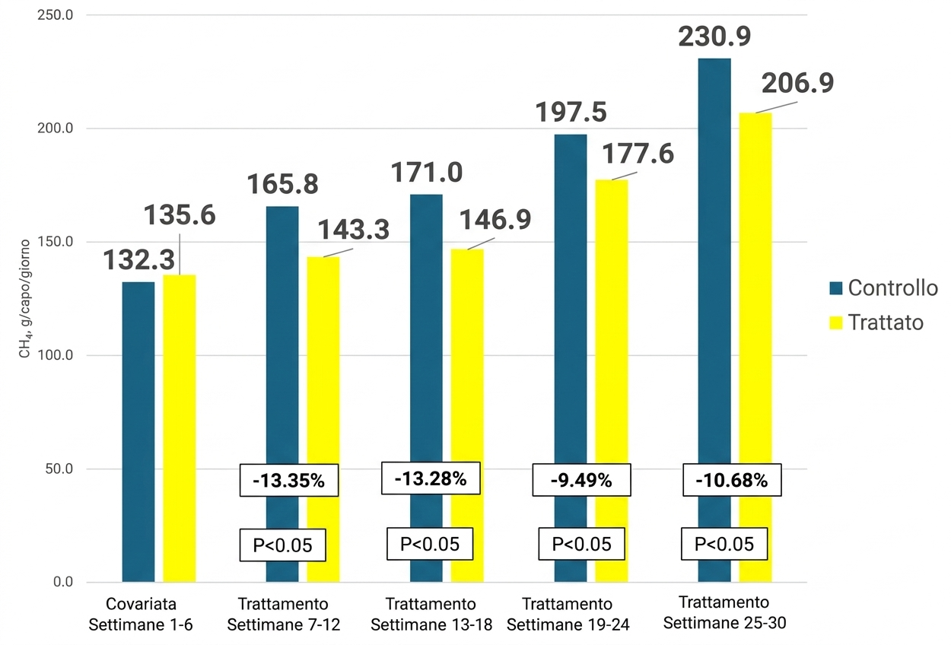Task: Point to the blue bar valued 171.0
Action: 426,319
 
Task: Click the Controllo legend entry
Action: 883,288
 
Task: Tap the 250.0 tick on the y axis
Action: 56,15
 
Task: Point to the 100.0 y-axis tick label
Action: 56,356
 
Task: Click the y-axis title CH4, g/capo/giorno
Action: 25,299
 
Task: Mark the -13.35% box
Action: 289,481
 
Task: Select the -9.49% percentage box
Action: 582,481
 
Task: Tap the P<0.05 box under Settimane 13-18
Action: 431,545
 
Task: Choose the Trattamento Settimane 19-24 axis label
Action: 568,615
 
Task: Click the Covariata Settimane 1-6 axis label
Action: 142,615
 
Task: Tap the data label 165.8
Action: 282,185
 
